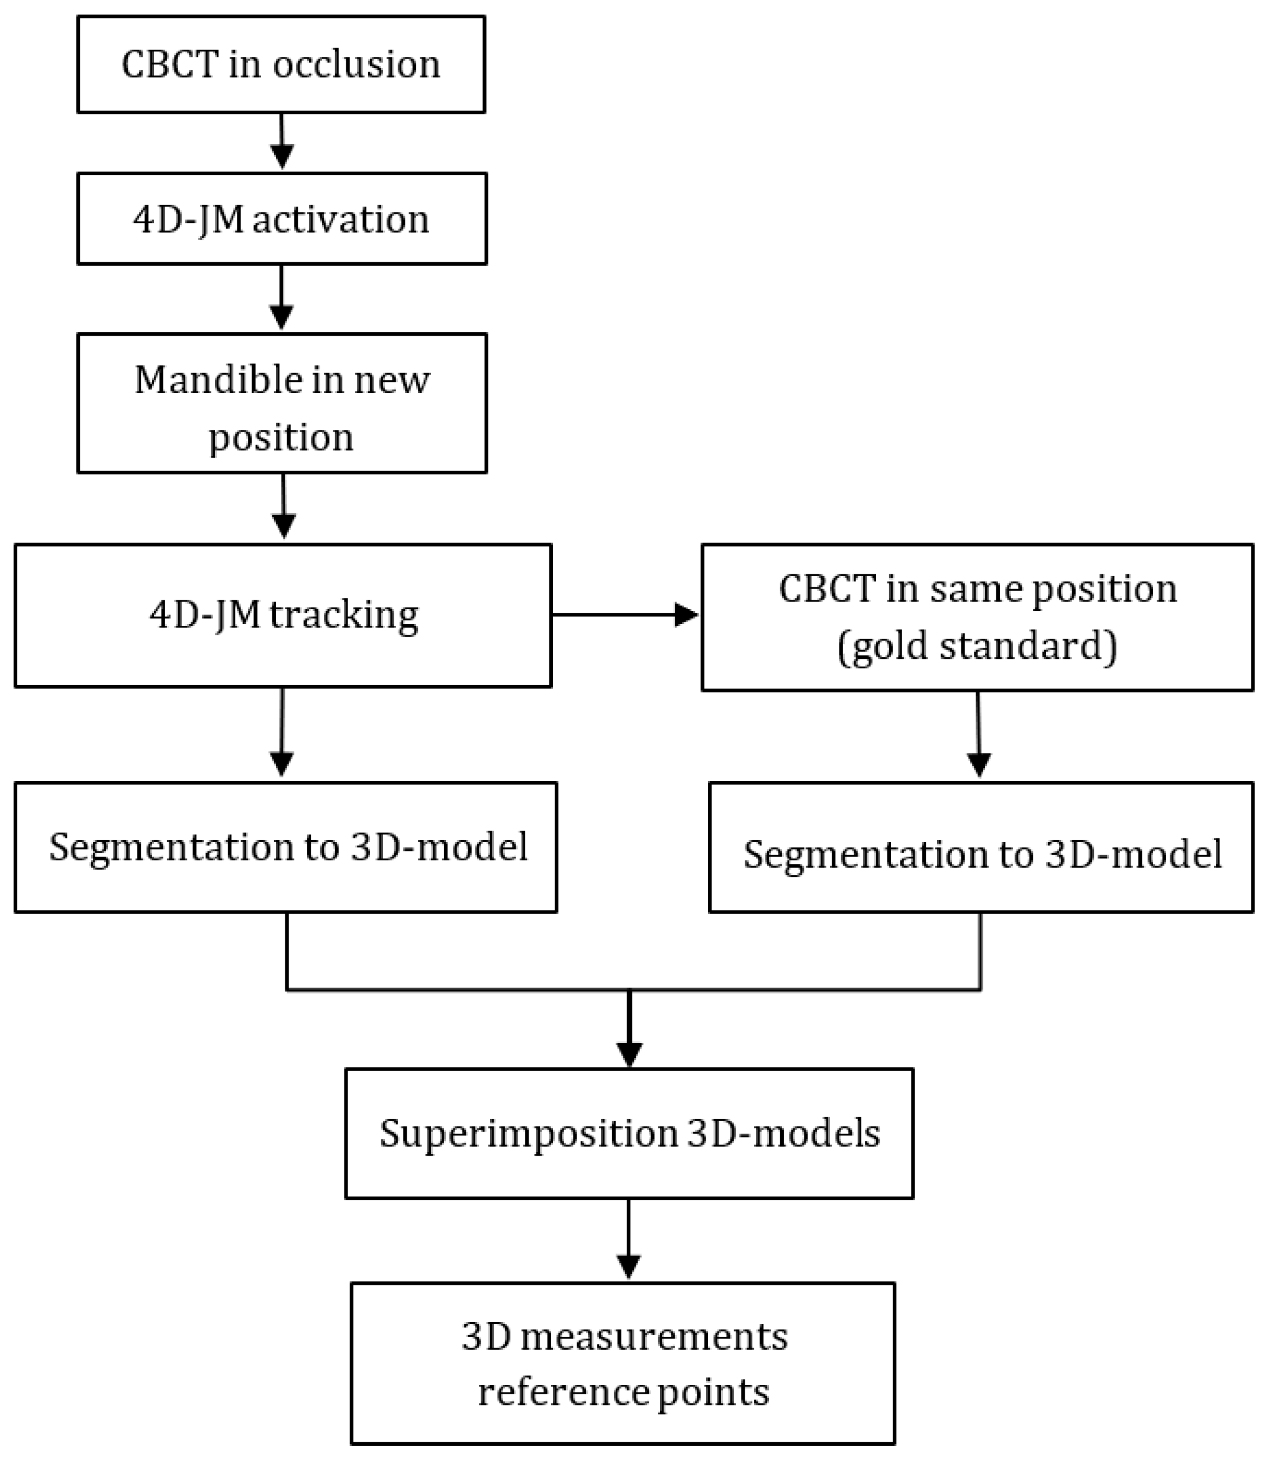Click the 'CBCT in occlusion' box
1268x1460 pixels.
click(281, 65)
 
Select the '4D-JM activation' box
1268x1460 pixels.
click(282, 218)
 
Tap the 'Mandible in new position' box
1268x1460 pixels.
click(282, 403)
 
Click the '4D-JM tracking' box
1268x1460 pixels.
click(283, 615)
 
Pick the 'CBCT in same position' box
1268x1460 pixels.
click(977, 617)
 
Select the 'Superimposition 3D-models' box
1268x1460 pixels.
click(629, 1133)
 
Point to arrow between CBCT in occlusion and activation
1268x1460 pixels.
click(282, 142)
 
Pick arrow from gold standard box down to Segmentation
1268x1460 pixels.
click(979, 736)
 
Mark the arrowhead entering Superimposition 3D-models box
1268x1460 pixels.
click(629, 1054)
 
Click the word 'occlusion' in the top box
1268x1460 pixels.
click(356, 65)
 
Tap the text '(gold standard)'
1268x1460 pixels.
click(977, 646)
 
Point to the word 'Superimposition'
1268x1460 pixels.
click(528, 1133)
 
